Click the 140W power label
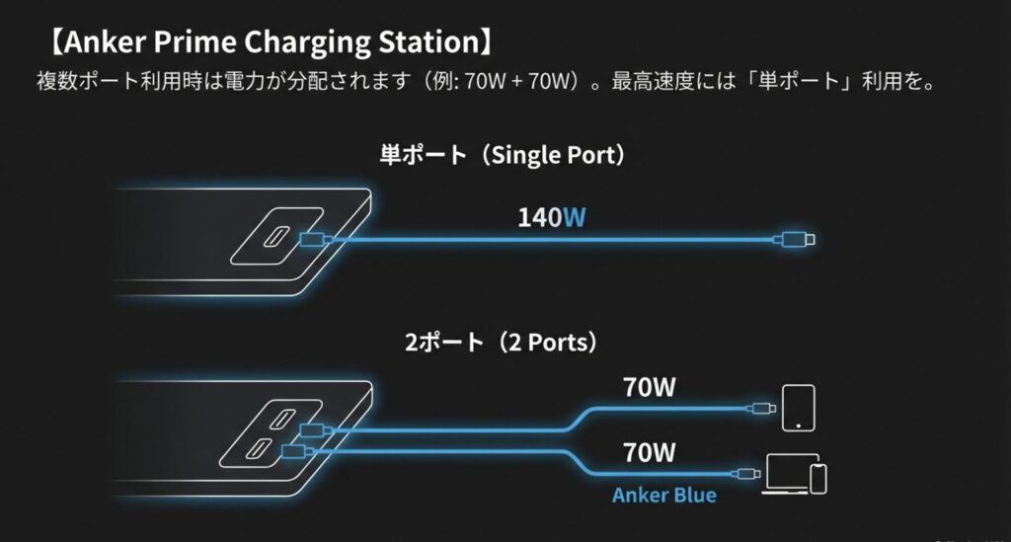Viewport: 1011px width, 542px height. pyautogui.click(x=552, y=217)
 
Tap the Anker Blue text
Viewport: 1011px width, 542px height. pyautogui.click(x=663, y=495)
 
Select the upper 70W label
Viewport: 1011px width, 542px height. pyautogui.click(x=650, y=387)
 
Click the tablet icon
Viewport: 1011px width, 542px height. pyautogui.click(x=797, y=407)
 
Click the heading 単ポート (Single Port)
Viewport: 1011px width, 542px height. pyautogui.click(x=505, y=155)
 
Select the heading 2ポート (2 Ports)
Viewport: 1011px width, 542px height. pyautogui.click(x=505, y=343)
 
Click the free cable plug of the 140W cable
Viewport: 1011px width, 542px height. pyautogui.click(x=794, y=239)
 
